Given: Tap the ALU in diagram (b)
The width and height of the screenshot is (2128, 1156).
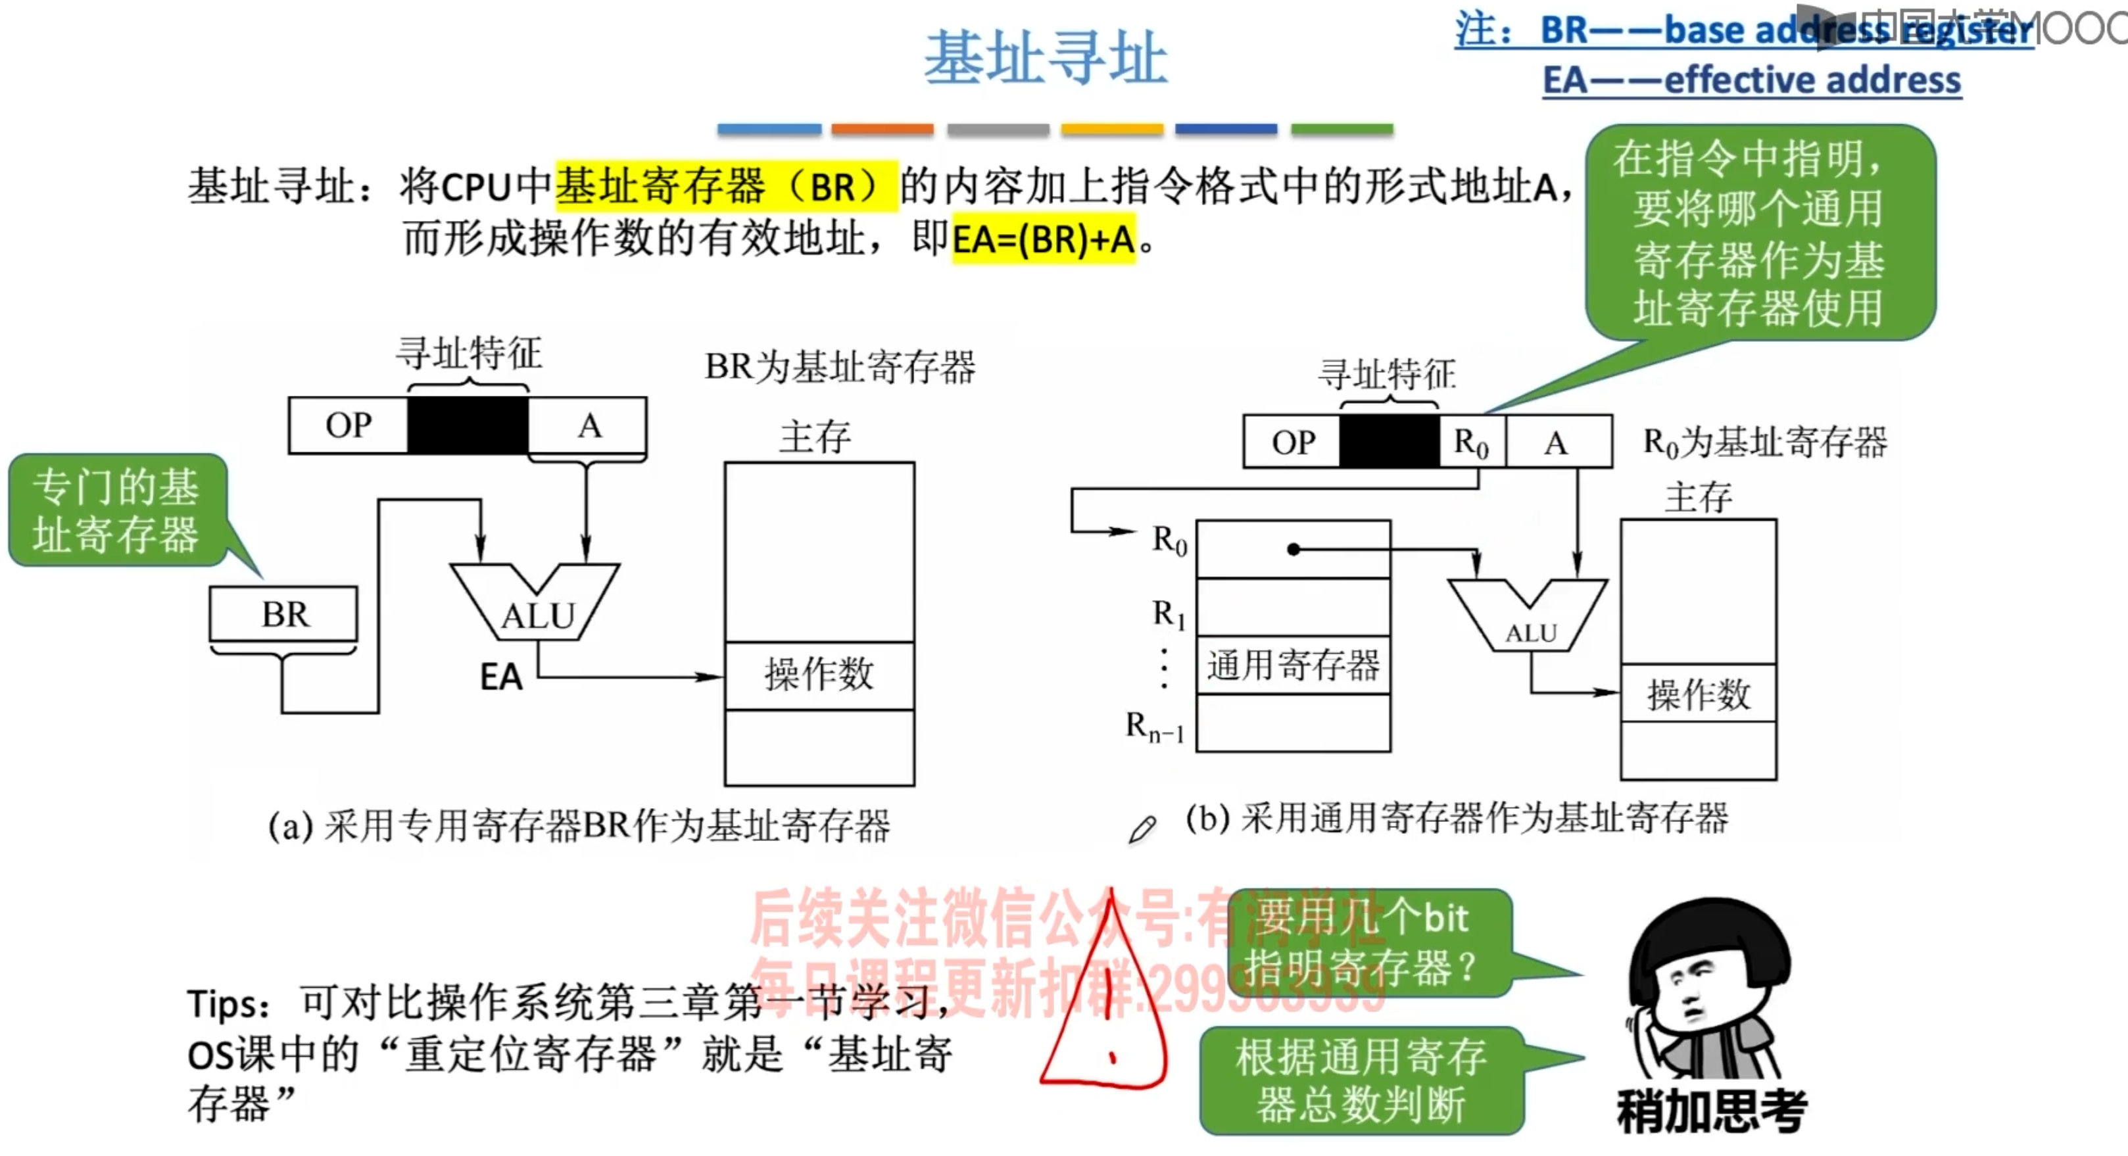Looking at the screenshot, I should pos(1529,619).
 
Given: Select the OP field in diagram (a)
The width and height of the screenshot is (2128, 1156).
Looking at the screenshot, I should pos(348,425).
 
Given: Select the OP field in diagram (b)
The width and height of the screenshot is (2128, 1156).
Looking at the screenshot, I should pos(1292,442).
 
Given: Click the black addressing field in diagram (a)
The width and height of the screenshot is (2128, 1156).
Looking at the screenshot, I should pos(468,425).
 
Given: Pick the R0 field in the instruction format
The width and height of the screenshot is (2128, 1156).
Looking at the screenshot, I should pos(1471,442).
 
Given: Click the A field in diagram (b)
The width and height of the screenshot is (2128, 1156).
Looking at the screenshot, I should pos(1557,442).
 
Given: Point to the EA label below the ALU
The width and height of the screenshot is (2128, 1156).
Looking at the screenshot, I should pos(500,677).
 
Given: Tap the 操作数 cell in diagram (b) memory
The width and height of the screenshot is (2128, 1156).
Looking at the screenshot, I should pos(1698,693).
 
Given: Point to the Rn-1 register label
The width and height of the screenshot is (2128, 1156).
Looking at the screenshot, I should pos(1155,727).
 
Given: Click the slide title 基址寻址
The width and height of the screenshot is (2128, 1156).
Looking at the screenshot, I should pos(1045,58).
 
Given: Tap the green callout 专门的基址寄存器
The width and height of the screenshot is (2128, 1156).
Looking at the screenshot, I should pos(116,510).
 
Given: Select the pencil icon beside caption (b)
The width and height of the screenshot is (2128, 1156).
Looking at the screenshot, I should pos(1142,829).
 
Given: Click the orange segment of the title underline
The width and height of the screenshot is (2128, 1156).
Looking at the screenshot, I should pos(883,129).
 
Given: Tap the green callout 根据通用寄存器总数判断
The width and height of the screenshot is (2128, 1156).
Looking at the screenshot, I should pos(1361,1080).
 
